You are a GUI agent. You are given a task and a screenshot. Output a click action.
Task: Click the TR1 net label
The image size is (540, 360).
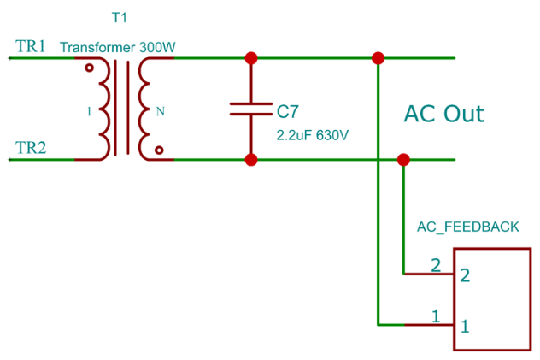point(31,47)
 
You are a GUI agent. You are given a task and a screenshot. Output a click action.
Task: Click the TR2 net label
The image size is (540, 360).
point(31,148)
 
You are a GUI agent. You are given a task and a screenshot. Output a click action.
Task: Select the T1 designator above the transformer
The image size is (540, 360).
point(118,17)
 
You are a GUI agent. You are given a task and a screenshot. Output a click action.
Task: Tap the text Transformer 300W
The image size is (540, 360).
point(117,48)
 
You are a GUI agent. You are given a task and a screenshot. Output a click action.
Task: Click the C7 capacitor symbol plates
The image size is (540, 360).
point(251,109)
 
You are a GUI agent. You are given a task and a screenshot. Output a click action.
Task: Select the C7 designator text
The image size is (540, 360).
point(288,110)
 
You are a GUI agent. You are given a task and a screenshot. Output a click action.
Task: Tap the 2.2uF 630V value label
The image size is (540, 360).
point(313,135)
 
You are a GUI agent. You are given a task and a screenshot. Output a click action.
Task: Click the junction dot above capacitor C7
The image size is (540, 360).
point(251,58)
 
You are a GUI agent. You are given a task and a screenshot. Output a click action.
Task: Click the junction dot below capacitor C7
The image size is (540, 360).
point(251,159)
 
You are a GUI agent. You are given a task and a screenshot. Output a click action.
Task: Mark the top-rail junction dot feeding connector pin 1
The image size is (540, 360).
point(378,58)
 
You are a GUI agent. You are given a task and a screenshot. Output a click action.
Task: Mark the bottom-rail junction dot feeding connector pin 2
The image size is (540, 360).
point(403,159)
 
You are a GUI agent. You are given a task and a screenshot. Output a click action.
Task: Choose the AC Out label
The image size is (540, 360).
point(443,114)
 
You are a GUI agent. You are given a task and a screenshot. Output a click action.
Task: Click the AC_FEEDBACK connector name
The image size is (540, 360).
point(467,227)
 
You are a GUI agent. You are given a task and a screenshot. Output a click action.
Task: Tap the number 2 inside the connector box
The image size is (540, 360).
point(465,275)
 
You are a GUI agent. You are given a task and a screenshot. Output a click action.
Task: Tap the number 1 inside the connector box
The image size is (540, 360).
point(465,326)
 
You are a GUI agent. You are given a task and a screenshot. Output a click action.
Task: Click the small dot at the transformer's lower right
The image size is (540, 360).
point(159,150)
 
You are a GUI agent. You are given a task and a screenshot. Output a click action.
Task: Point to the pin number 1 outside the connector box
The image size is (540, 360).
point(435,316)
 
